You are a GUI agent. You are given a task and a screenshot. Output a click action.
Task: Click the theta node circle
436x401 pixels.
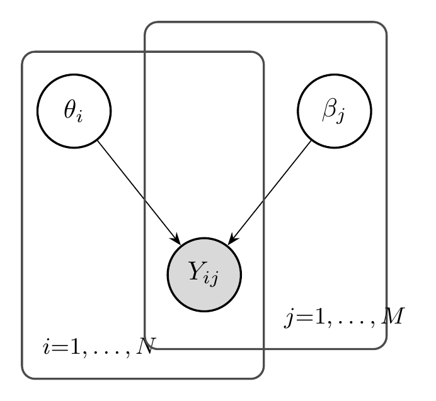click(x=74, y=111)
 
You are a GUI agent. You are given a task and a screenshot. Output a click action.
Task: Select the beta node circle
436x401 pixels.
click(x=335, y=111)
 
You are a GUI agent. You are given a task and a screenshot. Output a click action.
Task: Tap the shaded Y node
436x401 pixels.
click(x=204, y=274)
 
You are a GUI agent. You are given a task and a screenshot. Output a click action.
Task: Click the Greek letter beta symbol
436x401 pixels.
click(x=330, y=110)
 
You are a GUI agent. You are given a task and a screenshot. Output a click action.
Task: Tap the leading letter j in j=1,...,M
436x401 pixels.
click(x=290, y=318)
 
